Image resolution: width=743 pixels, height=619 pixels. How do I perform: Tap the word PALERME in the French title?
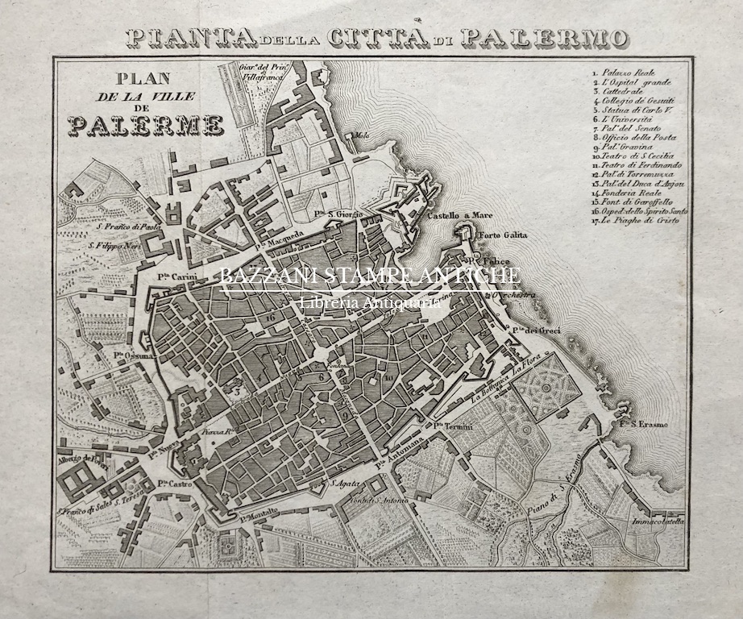pos(146,125)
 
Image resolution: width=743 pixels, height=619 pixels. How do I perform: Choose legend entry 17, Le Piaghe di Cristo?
pos(641,220)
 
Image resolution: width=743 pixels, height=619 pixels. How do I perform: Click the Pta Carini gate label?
pos(172,276)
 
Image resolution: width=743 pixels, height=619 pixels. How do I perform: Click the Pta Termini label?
pos(451,426)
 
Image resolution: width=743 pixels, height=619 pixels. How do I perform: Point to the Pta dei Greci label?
pos(534,330)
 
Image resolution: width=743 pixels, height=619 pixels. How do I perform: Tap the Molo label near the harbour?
pos(355,136)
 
